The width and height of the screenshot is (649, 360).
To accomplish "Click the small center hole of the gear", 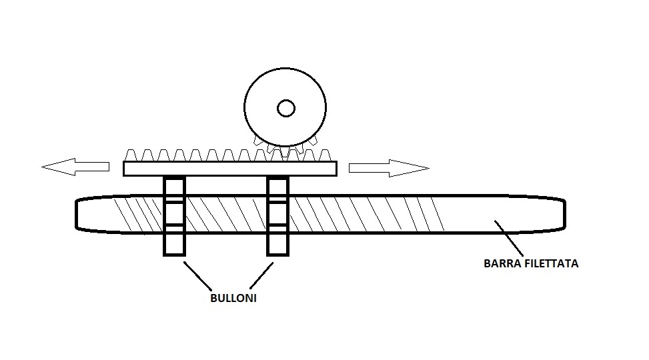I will point(286,108).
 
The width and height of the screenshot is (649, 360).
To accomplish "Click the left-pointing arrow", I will point(75,167).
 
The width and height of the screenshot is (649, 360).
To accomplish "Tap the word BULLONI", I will point(233,299).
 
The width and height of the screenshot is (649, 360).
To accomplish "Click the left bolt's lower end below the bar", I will point(174,243).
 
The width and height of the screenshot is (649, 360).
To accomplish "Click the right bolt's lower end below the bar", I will point(277,243).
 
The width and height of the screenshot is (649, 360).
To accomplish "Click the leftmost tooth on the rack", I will point(131,155).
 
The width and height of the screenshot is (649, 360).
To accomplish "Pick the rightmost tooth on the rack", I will point(325,155).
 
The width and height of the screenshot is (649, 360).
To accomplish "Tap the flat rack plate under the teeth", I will point(230,169).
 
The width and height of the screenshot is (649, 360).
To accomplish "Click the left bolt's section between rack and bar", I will point(174,187).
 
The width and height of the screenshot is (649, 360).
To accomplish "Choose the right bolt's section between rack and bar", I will point(277,187).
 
